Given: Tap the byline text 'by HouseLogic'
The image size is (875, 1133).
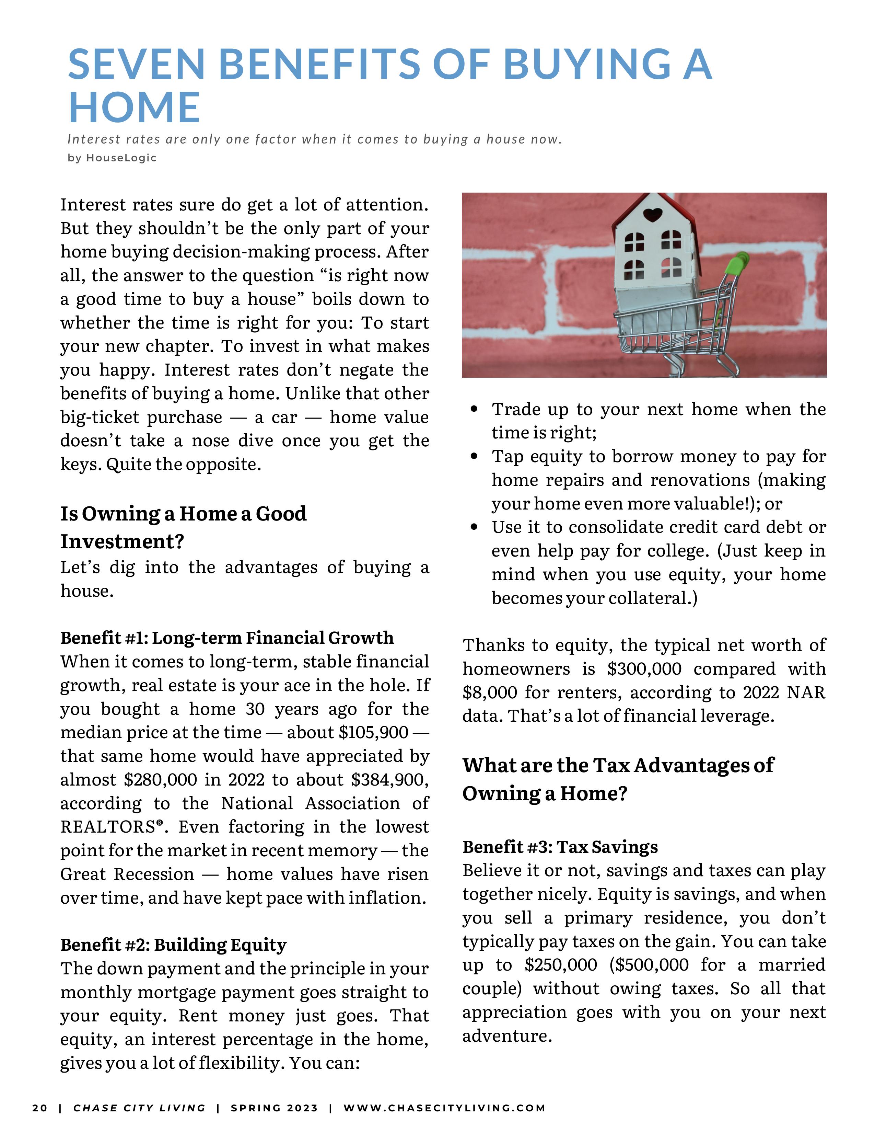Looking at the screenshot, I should pos(112,158).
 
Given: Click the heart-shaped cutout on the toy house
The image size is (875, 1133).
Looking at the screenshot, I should pos(652,214).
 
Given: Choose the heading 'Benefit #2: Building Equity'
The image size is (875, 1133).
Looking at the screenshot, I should pos(173,945).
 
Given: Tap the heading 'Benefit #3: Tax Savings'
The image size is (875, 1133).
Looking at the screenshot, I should pos(560,847).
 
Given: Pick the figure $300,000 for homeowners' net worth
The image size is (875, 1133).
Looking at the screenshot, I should pos(644,669).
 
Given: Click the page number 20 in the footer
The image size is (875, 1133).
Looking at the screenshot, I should pos(39,1108).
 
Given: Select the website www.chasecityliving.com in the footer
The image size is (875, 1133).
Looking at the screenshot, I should pos(444,1108).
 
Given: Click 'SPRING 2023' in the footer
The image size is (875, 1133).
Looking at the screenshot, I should pos(274,1108).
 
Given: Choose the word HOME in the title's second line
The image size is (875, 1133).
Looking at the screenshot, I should pos(134,108).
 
